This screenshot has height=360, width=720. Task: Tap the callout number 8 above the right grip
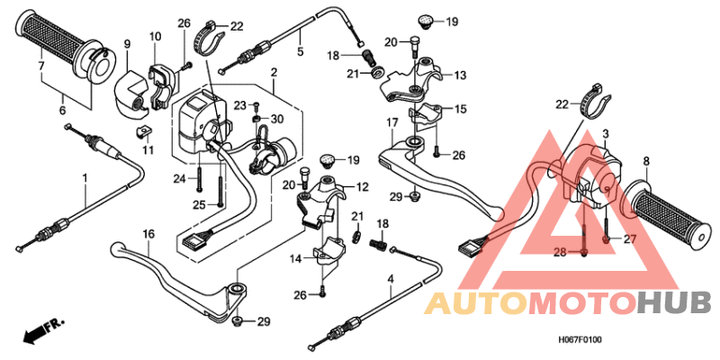[646, 161]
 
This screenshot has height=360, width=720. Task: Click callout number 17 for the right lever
[393, 122]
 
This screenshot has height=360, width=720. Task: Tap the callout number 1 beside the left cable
[85, 177]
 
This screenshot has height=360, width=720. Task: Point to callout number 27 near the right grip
[629, 238]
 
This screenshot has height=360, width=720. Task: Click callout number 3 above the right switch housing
[606, 133]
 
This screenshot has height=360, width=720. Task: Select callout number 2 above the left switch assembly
[273, 71]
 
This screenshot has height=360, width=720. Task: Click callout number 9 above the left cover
[127, 43]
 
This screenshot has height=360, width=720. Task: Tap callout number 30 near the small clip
[277, 120]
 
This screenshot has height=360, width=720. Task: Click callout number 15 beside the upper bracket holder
[461, 109]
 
